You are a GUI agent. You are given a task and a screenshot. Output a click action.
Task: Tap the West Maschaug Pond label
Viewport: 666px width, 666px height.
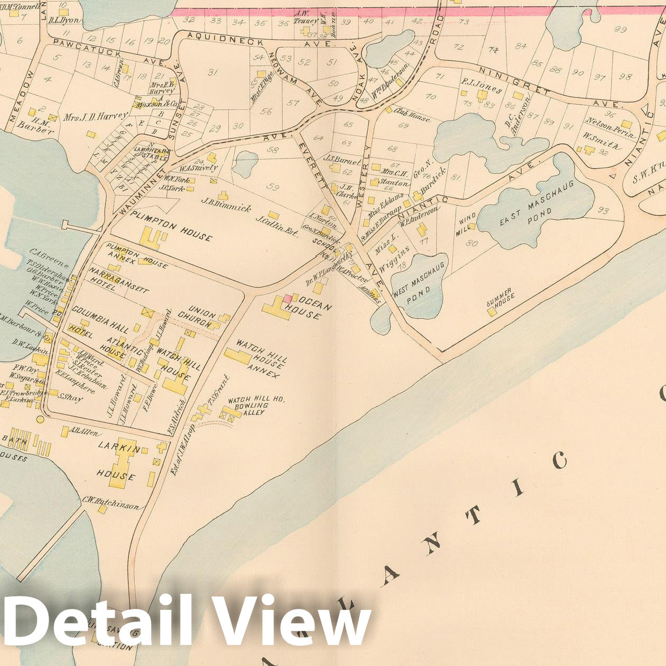point(419,290)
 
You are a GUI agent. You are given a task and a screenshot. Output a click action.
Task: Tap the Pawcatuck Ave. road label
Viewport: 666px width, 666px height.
point(106,51)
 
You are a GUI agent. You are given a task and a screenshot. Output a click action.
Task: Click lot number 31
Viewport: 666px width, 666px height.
point(213,72)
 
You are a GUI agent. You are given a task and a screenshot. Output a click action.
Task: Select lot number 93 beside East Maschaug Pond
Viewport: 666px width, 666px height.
point(604,211)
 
